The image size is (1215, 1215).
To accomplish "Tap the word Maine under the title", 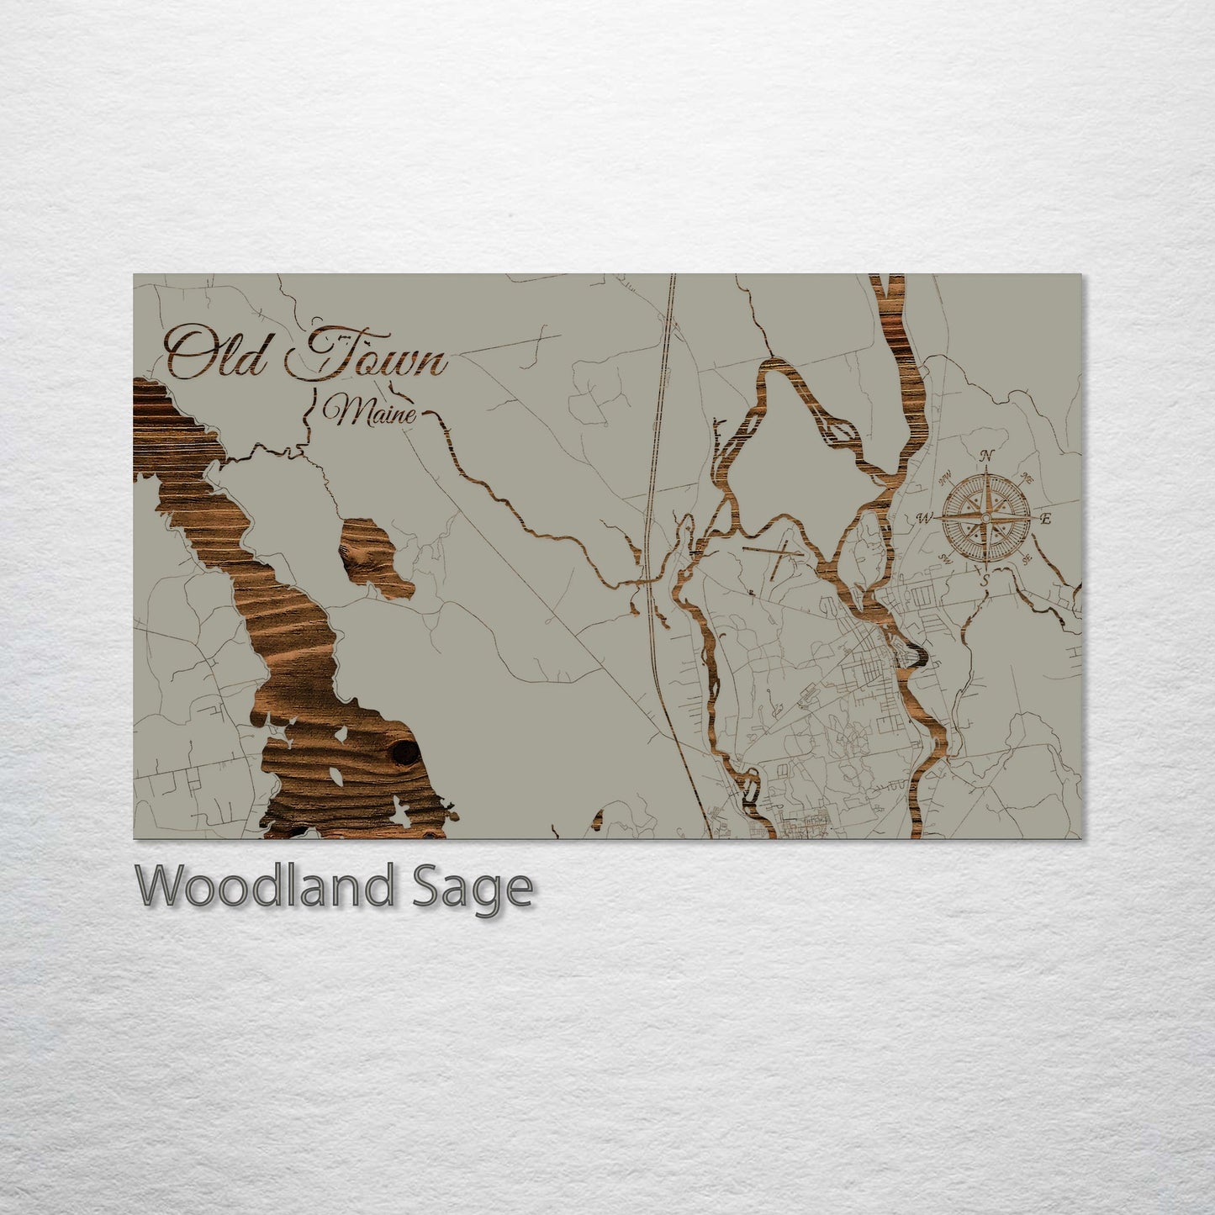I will click(376, 413).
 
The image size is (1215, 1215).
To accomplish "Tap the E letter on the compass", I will click(1046, 519).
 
